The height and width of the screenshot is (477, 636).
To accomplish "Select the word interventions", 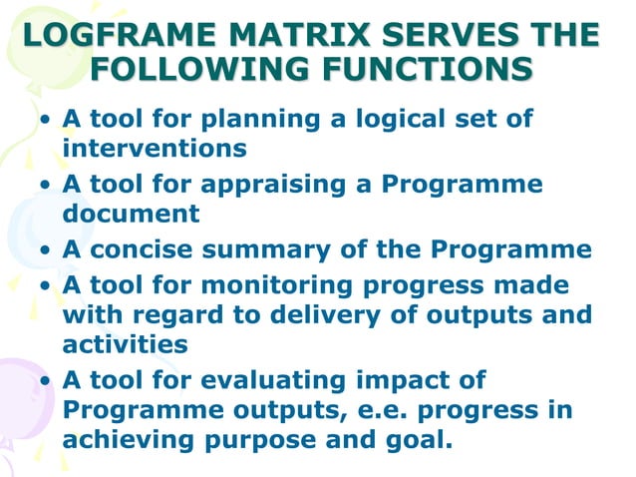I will [154, 148].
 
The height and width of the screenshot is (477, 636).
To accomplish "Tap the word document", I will [131, 213].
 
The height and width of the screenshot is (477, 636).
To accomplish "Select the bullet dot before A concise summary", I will [46, 250].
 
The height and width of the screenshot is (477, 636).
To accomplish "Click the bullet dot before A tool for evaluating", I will [46, 381].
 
